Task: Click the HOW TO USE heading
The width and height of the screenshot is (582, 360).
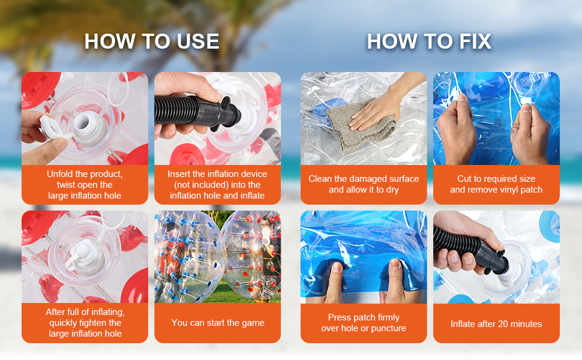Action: coord(152,41)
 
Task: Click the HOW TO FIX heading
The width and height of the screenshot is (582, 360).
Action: coord(429,41)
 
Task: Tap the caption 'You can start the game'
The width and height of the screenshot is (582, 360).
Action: coord(218,323)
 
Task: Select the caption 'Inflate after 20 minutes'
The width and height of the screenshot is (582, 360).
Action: coord(496,324)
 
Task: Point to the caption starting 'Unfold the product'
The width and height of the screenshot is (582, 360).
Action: coord(85,185)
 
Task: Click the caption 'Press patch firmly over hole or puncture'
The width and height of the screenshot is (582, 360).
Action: coord(364,323)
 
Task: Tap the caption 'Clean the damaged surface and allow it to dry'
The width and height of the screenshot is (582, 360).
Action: coord(364,184)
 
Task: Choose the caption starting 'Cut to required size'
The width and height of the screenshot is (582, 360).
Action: coord(496,184)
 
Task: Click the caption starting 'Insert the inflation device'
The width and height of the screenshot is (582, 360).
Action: coord(218,185)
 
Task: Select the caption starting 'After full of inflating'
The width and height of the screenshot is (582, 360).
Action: coord(85,323)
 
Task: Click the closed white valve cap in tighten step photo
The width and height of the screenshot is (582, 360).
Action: coord(83,253)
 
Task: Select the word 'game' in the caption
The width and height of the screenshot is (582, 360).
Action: coord(254,323)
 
